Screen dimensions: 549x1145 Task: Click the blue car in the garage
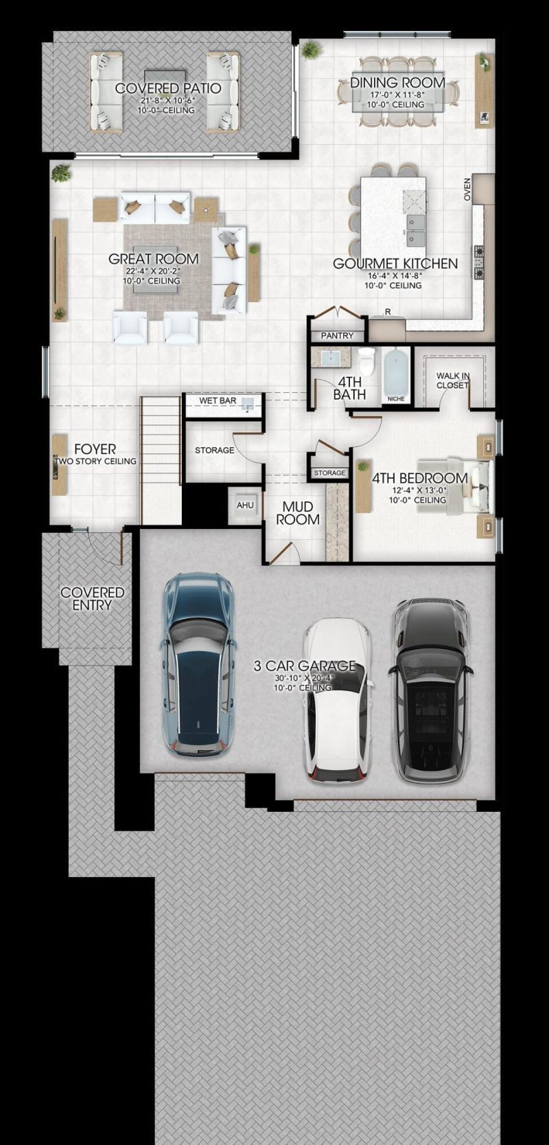tap(198, 664)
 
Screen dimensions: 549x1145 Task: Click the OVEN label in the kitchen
tap(467, 189)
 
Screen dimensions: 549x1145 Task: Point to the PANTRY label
tap(337, 336)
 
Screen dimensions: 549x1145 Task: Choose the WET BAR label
tap(218, 400)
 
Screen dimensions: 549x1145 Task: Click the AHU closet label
tap(245, 505)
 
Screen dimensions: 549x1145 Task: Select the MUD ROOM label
tap(298, 513)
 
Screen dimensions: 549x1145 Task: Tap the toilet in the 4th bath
tap(366, 361)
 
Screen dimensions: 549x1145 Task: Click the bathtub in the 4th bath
tap(396, 369)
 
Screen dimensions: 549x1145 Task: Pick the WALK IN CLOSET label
tap(452, 381)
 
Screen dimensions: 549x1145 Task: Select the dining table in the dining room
tap(398, 93)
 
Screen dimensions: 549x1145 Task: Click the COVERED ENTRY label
tap(93, 598)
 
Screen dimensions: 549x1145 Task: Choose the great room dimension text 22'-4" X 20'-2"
tap(153, 271)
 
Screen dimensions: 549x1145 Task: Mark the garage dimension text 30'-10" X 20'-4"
tap(305, 679)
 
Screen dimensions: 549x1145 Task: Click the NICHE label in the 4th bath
tap(396, 398)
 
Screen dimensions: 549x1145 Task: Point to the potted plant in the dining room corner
tap(310, 51)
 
